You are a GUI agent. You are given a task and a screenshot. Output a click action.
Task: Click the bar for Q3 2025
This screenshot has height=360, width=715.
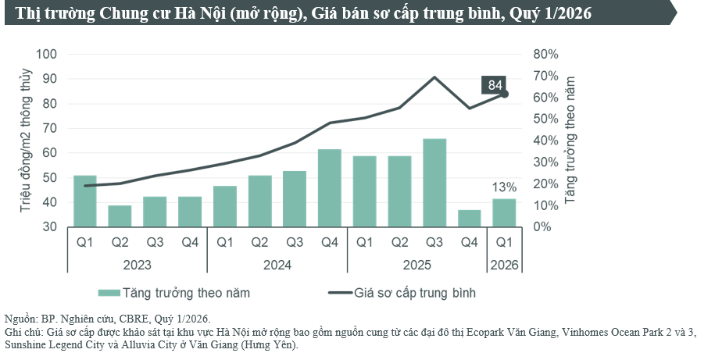coord(434,183)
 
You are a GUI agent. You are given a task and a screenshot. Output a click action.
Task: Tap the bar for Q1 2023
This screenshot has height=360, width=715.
coord(85,201)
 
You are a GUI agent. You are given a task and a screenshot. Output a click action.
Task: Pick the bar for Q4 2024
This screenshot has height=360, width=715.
coord(330,188)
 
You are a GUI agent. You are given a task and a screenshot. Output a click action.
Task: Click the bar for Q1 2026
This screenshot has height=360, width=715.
coord(505,213)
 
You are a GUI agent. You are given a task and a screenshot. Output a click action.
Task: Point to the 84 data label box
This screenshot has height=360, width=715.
coord(495,85)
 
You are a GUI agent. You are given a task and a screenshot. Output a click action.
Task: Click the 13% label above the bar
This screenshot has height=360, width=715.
coord(504,187)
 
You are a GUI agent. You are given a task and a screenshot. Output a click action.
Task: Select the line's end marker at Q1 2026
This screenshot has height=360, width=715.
coord(505,94)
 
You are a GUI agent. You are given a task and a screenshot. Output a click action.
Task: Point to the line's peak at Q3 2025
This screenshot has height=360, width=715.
coord(434,77)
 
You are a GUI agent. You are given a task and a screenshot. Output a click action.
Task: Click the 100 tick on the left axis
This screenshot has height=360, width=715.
coord(48,54)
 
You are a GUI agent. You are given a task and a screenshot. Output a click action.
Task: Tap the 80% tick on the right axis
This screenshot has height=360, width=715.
coord(545,54)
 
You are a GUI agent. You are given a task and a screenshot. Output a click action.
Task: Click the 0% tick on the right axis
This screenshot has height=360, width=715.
coord(542,227)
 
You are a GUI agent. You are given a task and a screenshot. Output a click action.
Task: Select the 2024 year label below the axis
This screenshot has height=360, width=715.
coord(277,265)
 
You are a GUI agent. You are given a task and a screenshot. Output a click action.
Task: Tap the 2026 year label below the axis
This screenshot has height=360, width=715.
coord(505,265)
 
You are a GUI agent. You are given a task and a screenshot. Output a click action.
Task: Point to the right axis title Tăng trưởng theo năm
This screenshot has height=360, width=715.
coord(570,141)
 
